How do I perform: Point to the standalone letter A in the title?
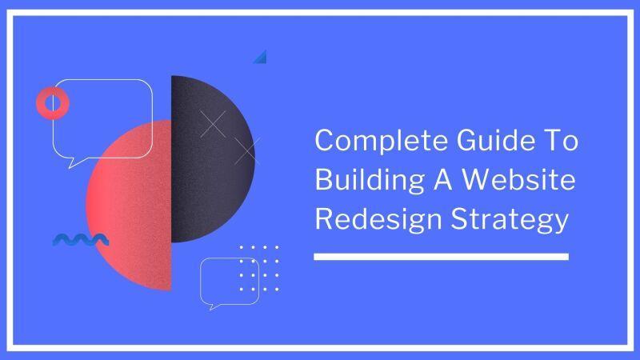(443, 179)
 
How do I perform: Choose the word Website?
(518, 179)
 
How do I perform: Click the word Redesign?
(378, 219)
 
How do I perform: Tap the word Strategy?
(510, 219)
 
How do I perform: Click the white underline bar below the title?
(442, 256)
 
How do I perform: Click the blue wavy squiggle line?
(81, 240)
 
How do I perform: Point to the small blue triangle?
(262, 58)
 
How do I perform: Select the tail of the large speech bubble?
(73, 163)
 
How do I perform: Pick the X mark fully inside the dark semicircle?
(213, 124)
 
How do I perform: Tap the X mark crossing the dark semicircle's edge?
(247, 151)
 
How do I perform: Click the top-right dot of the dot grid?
(277, 247)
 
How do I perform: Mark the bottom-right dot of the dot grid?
(277, 289)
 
